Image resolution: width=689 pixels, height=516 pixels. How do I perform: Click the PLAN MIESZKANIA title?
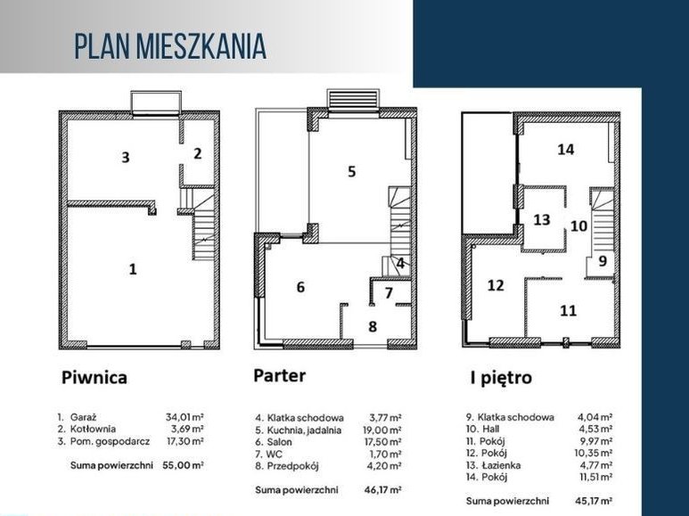point(169,46)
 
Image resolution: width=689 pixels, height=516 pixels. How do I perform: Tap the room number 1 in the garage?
point(133,268)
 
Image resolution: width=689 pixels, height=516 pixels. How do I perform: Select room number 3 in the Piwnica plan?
point(126,158)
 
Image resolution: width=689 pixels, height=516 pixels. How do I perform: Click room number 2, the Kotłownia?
point(198,152)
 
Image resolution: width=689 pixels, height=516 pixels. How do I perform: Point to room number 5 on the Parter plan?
point(352,171)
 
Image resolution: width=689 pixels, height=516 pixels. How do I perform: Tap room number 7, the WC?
point(389,291)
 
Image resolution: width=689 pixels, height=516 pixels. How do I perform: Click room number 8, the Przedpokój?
point(373,326)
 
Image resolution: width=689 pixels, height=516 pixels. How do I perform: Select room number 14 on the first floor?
point(565,149)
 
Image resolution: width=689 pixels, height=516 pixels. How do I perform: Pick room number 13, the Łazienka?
point(542,219)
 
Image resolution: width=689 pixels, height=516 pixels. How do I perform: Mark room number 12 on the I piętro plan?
point(496,285)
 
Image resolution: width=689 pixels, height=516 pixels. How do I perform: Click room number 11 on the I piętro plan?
point(568,311)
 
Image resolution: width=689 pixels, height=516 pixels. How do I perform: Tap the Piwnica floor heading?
point(94,377)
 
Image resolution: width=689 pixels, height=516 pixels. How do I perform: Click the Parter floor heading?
point(279,375)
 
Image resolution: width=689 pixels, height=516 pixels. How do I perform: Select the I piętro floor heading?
point(500,377)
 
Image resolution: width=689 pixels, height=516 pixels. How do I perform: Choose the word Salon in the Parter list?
point(287,441)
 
